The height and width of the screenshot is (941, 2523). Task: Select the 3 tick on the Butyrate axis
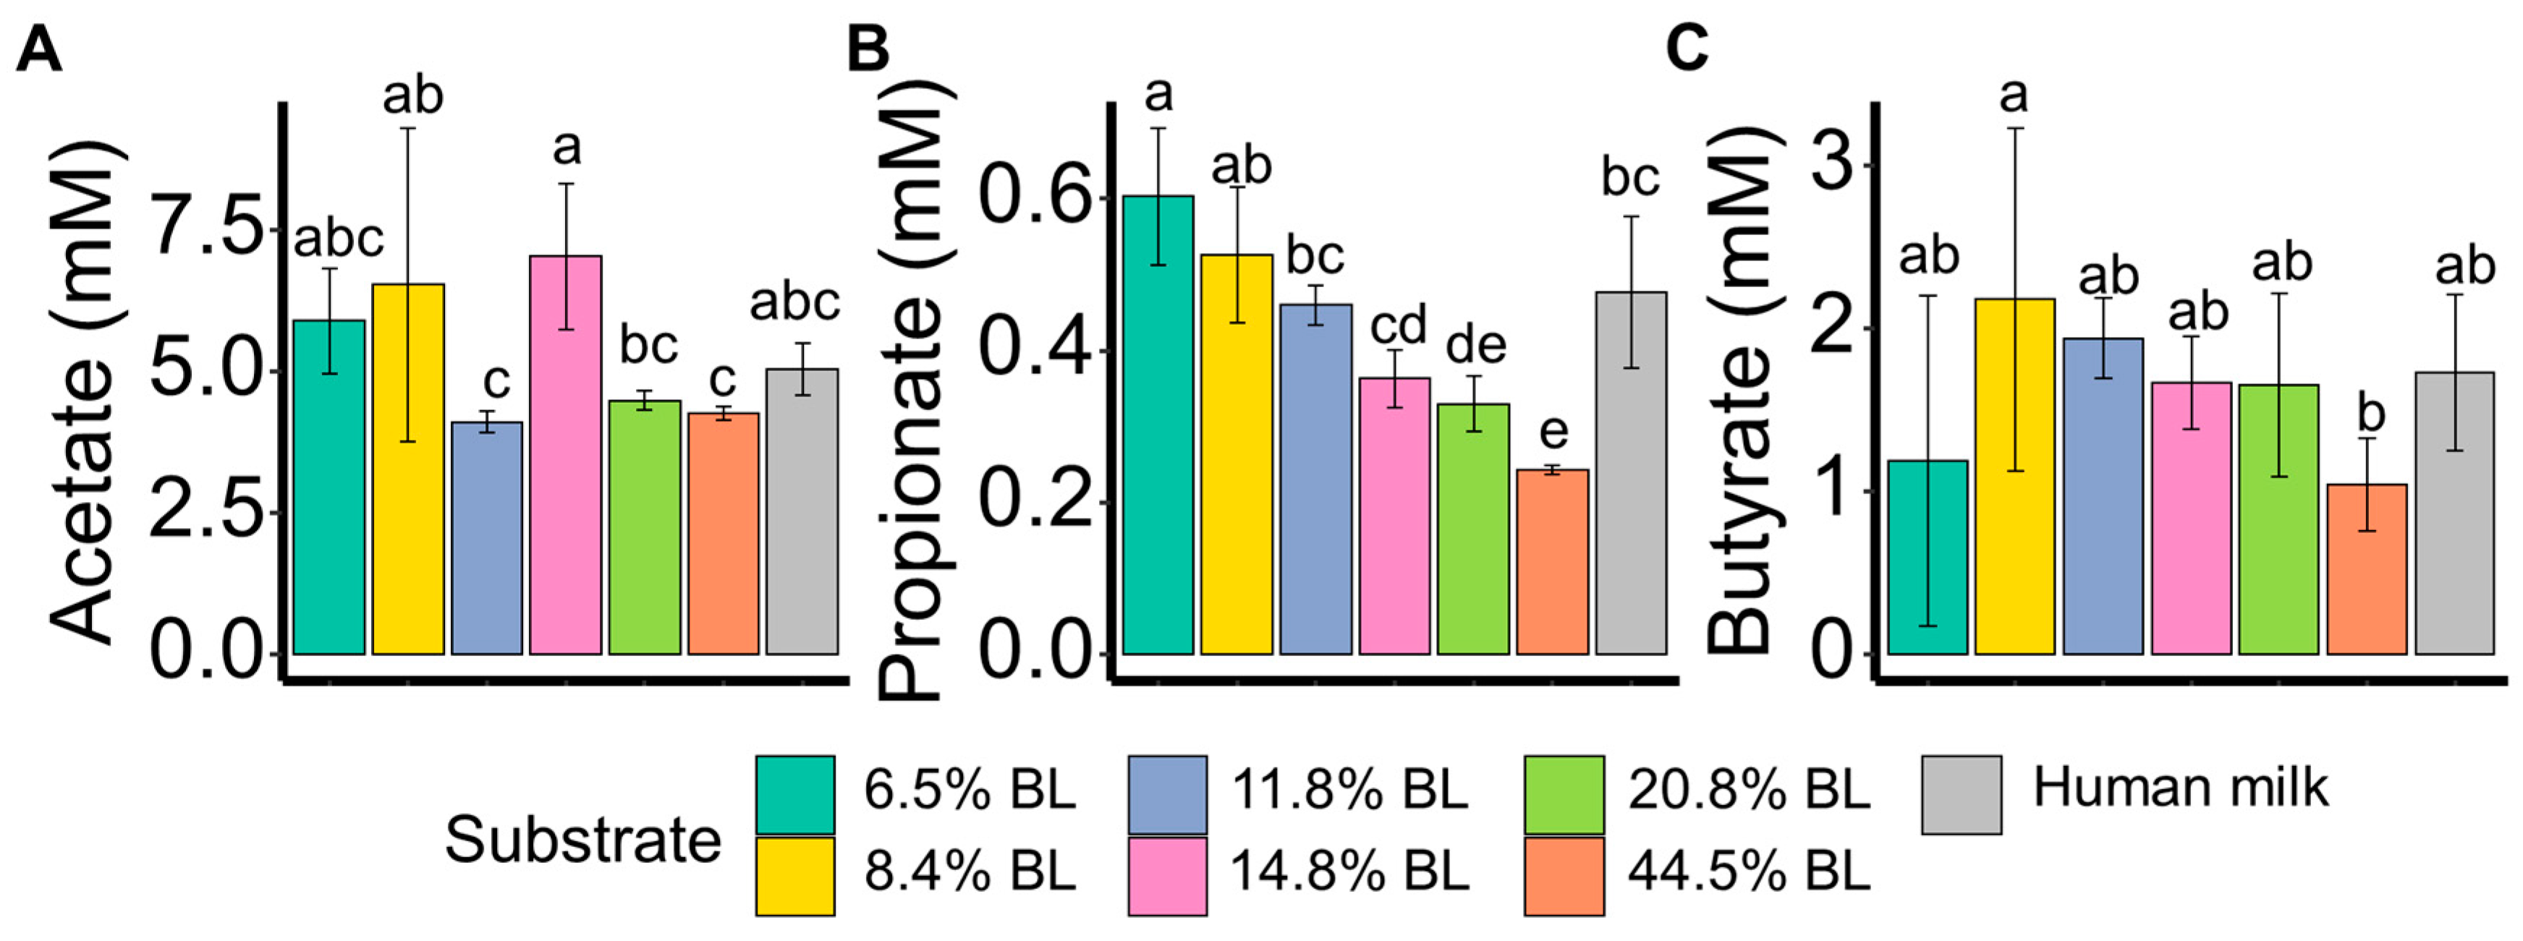click(1837, 164)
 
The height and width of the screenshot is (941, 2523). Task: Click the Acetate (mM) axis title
click(88, 392)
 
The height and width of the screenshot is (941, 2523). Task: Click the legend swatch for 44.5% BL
click(1563, 875)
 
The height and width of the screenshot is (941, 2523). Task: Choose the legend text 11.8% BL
click(1349, 789)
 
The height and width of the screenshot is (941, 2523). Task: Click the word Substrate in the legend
click(582, 840)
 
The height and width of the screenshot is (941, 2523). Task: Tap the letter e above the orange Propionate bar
click(1553, 431)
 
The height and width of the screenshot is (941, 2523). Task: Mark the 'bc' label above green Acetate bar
click(648, 346)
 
